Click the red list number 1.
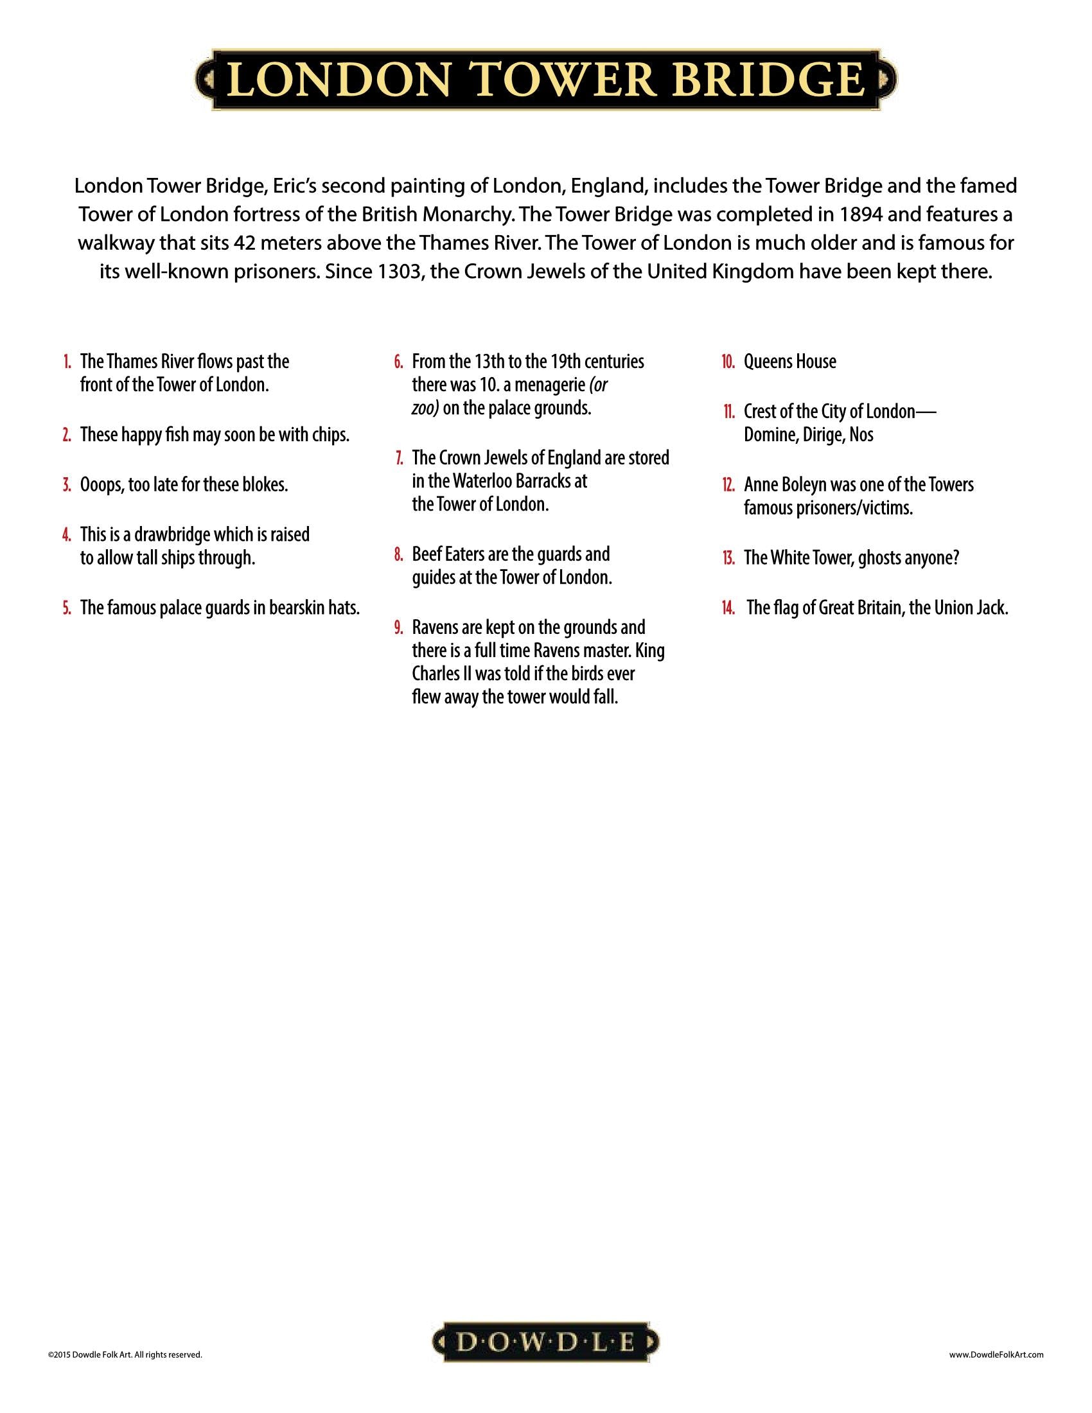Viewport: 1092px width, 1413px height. pyautogui.click(x=67, y=362)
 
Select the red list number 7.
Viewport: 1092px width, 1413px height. pyautogui.click(x=400, y=458)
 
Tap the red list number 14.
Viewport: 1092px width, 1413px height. pyautogui.click(x=728, y=608)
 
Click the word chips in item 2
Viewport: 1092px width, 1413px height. pyautogui.click(x=330, y=435)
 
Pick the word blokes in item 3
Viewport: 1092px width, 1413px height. pyautogui.click(x=263, y=484)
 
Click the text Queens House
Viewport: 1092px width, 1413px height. pyautogui.click(x=790, y=362)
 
